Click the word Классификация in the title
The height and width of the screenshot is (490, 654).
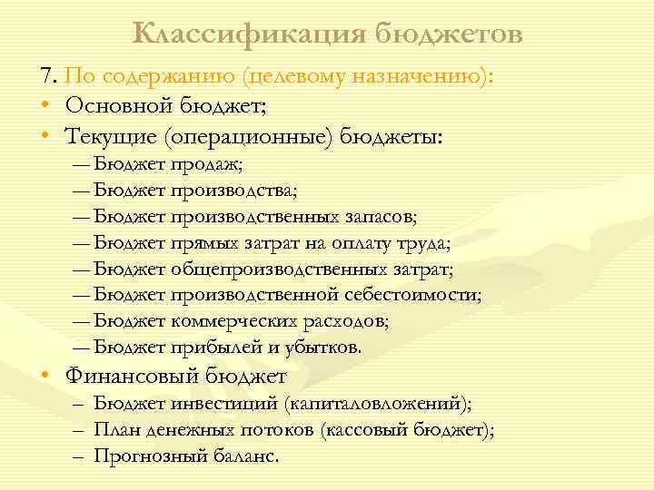(246, 34)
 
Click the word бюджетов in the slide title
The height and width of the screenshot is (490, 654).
(445, 34)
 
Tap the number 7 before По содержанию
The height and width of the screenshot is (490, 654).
(45, 77)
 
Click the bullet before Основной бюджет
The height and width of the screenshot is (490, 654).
(45, 107)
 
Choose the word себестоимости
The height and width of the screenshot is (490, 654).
(416, 295)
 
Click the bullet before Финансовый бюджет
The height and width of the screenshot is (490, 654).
(45, 377)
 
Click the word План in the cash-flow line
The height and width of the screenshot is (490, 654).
(113, 431)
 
